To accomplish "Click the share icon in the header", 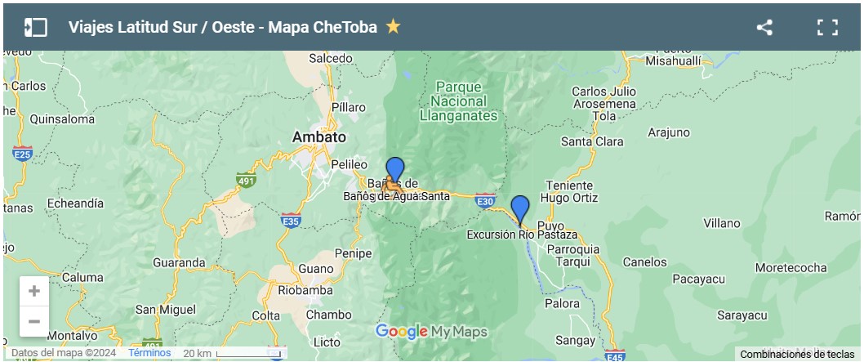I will click(x=764, y=27).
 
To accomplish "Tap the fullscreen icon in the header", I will click(x=827, y=27).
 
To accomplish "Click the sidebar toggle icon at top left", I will click(x=35, y=27).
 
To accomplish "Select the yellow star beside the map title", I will click(x=394, y=26).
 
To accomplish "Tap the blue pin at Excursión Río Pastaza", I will click(x=520, y=208).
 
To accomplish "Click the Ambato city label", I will click(x=319, y=137).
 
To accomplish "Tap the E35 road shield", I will click(x=291, y=220).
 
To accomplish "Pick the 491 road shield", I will click(x=244, y=180).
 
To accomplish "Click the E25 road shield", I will click(x=23, y=153).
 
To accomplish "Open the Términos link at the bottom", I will click(x=149, y=353).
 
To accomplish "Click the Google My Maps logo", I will click(x=431, y=331).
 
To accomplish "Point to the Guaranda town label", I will click(x=180, y=262).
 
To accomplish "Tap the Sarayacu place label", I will click(x=742, y=315).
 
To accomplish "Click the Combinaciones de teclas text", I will click(x=797, y=354).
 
